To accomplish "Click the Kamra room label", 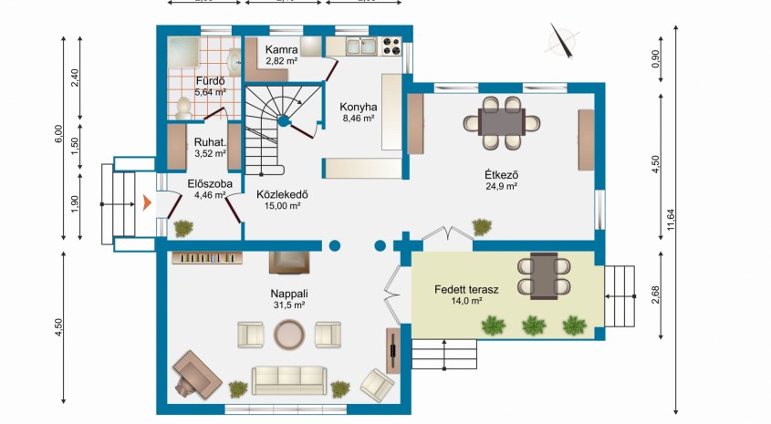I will tap(277, 49).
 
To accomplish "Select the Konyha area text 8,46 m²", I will tap(358, 118).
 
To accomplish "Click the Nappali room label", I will tap(288, 294).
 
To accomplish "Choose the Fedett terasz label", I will tap(466, 289).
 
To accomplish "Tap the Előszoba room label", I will tap(209, 183).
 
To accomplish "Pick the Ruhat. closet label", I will tap(209, 142).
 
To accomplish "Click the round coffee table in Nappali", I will tap(289, 335).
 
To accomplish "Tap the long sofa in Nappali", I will tap(289, 379).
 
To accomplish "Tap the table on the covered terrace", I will tap(544, 274).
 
